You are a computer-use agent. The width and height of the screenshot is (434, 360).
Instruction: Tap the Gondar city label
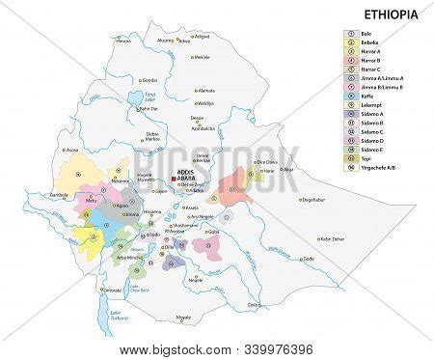(149, 80)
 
